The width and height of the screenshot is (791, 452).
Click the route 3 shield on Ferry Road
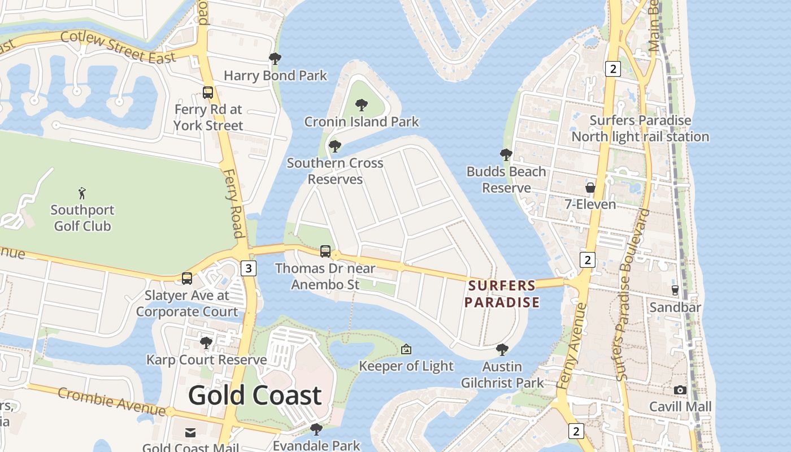click(x=248, y=268)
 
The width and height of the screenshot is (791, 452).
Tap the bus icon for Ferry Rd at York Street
click(x=208, y=92)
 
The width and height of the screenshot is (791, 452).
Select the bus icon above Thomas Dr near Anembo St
click(x=325, y=251)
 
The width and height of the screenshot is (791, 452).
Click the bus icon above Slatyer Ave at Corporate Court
click(x=187, y=278)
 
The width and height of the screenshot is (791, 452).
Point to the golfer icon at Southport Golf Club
click(x=82, y=193)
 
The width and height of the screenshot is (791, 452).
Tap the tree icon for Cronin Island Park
click(x=362, y=105)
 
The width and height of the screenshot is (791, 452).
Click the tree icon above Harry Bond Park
click(x=275, y=59)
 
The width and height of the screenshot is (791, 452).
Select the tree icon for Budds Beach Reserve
click(x=506, y=155)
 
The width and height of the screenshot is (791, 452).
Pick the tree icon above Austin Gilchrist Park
click(x=502, y=350)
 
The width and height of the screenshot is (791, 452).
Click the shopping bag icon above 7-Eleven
click(x=590, y=188)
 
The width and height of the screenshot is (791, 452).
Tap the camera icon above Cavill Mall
click(x=680, y=390)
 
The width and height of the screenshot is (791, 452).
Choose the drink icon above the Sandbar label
click(x=675, y=290)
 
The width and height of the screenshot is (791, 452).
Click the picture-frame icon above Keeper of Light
click(x=406, y=349)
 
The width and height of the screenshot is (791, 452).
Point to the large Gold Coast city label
click(x=255, y=395)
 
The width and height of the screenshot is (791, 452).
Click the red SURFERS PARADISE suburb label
click(x=502, y=294)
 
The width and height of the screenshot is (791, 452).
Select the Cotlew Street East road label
click(x=118, y=47)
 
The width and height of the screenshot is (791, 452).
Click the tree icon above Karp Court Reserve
click(x=206, y=342)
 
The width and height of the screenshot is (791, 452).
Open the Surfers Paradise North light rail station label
click(x=640, y=128)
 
